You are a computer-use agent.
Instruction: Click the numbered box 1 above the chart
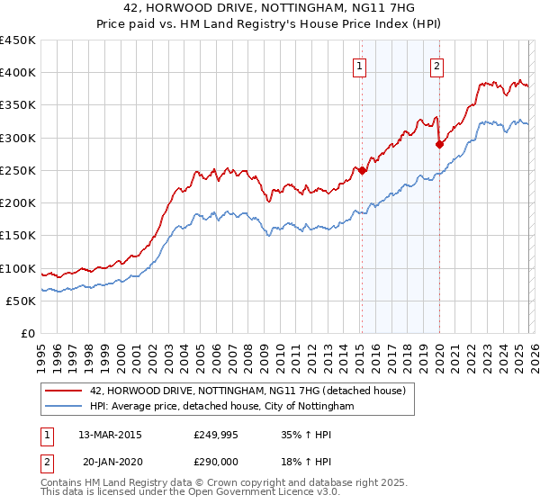tap(360, 65)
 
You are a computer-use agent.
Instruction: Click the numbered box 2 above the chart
tap(436, 65)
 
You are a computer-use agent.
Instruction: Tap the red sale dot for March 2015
tap(362, 170)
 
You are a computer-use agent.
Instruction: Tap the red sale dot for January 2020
tap(439, 144)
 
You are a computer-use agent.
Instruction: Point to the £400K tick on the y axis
tap(17, 73)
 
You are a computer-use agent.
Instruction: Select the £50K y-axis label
tap(21, 301)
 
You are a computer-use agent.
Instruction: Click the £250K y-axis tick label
tap(17, 170)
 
